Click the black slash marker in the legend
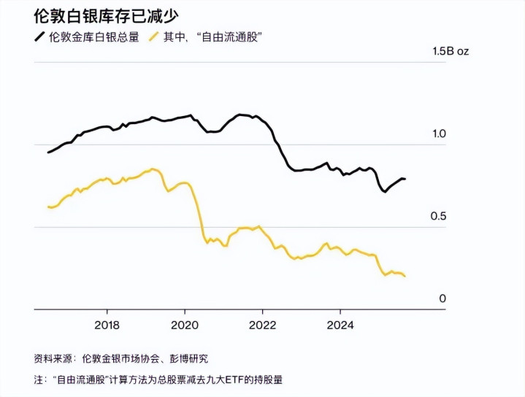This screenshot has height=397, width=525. tap(39, 36)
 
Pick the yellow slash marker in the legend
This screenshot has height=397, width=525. tap(154, 36)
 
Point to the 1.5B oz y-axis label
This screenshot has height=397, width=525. tap(450, 52)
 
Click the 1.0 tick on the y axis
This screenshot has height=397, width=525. tap(439, 134)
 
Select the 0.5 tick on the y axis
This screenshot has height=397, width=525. tap(439, 217)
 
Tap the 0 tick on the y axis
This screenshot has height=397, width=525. tap(442, 298)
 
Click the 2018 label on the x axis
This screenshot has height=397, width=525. tap(107, 325)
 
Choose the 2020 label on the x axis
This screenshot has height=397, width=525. tap(185, 325)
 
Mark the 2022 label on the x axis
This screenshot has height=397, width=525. tap(262, 325)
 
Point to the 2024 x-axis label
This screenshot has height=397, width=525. tap(340, 325)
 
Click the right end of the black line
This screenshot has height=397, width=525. tap(405, 179)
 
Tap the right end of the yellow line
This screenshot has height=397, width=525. tap(405, 276)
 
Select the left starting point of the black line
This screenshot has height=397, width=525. tap(48, 153)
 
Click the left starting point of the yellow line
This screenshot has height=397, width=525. tap(48, 207)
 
